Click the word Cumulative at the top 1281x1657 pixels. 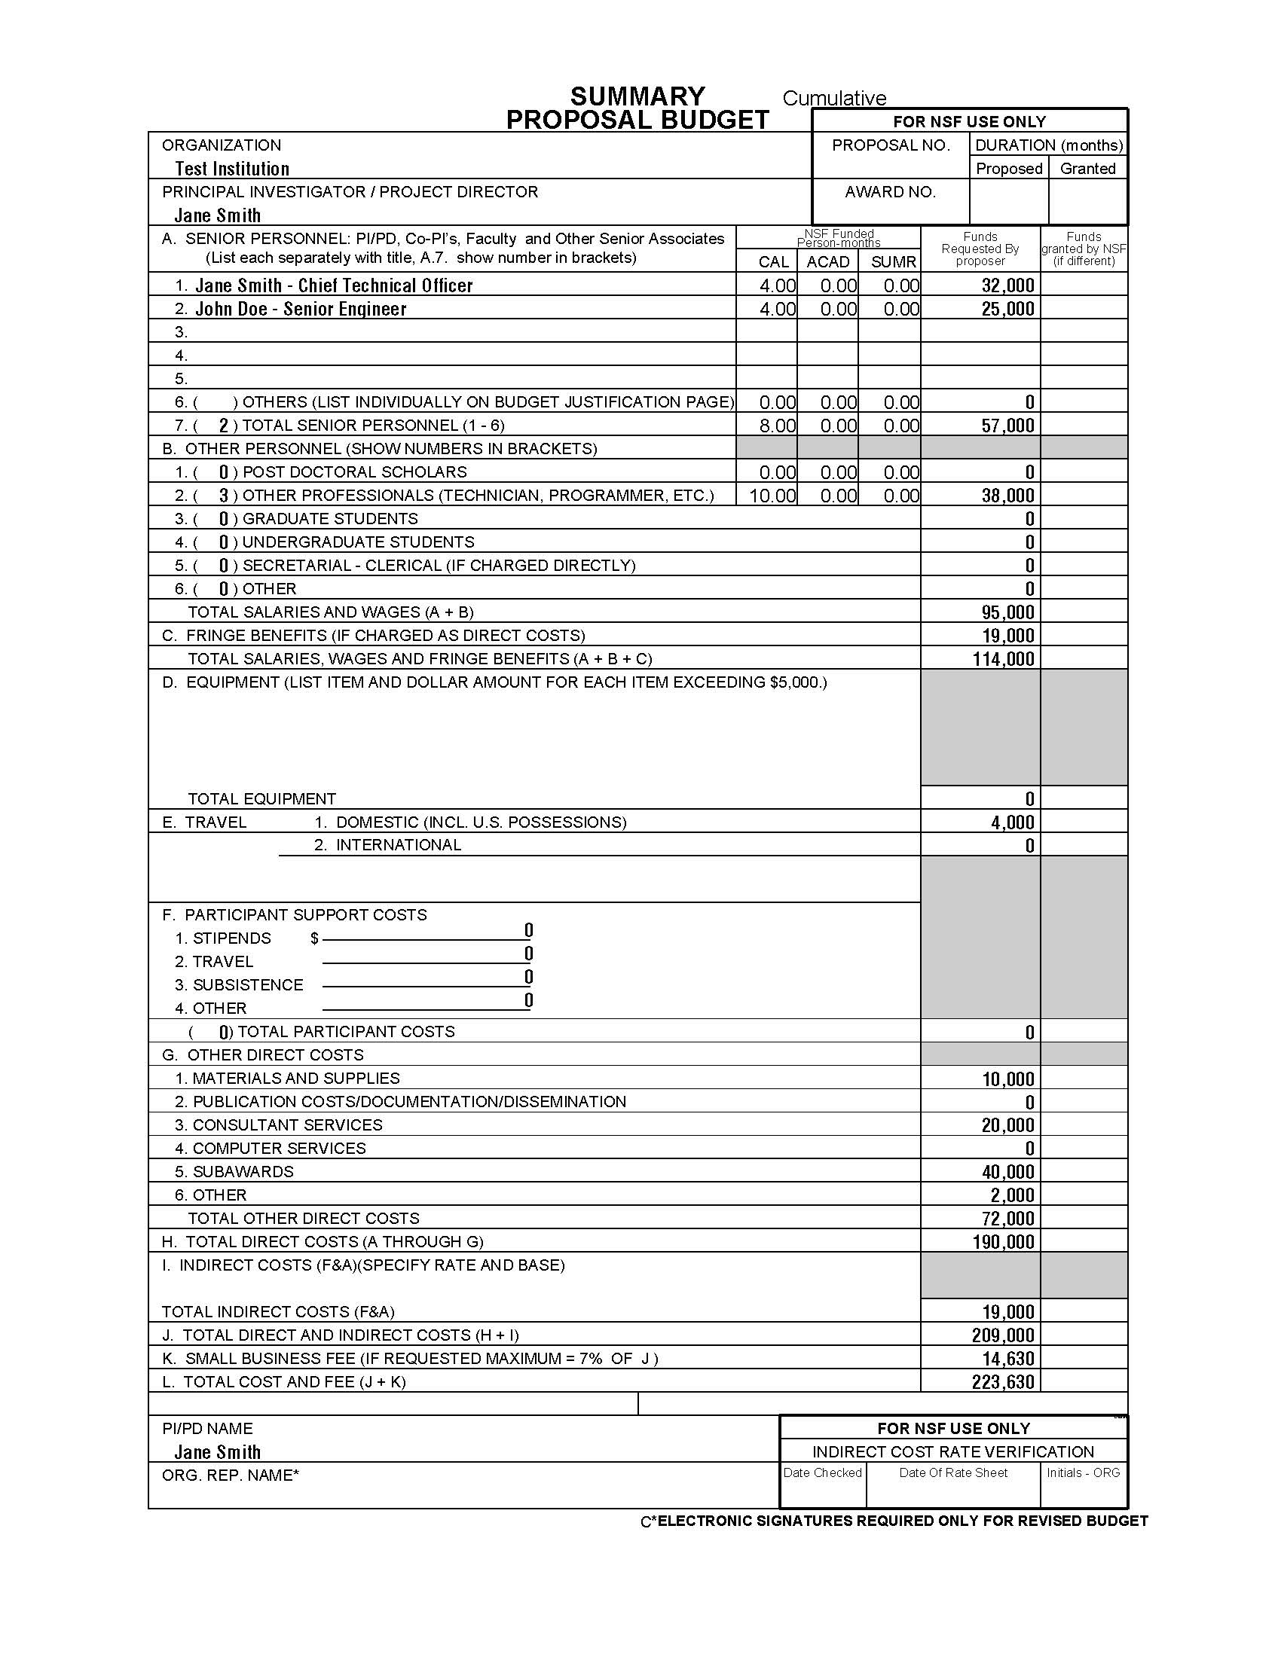pos(834,99)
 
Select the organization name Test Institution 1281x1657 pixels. pos(231,169)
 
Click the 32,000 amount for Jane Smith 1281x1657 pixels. pos(1007,285)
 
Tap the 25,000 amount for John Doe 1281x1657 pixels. pos(1007,309)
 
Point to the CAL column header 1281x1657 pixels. pos(773,262)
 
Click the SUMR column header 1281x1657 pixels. pos(893,262)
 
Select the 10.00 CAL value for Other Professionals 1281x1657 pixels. pos(772,496)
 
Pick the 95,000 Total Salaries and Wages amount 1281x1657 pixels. pos(1007,612)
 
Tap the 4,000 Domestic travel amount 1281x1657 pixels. pos(1011,822)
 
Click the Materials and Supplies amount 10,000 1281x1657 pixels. pos(1007,1079)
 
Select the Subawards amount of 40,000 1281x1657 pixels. pos(1007,1172)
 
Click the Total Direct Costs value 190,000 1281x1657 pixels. pos(1002,1242)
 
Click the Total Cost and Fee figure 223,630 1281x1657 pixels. pos(1002,1382)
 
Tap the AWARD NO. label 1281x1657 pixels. pos(890,192)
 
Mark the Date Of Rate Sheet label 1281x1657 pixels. pos(953,1472)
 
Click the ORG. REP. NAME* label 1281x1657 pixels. pos(231,1475)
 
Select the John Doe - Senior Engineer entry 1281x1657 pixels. pos(301,309)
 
